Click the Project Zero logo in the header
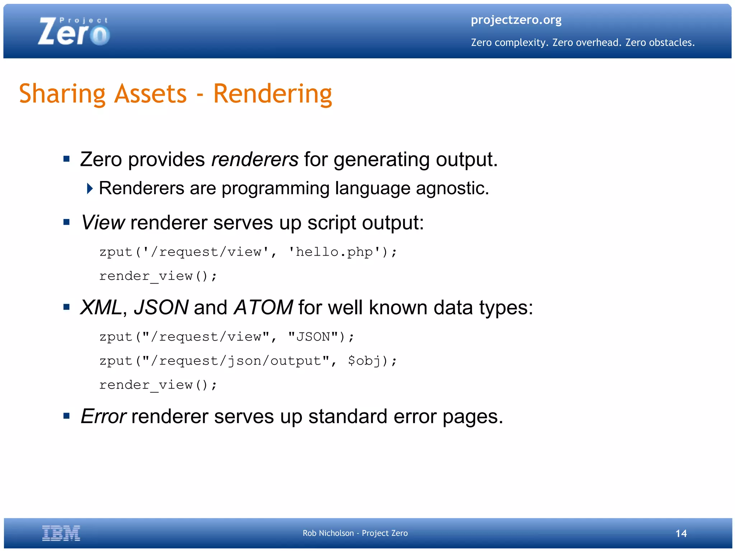click(x=74, y=32)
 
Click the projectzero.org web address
click(x=516, y=20)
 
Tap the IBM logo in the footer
click(x=61, y=533)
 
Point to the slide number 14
click(x=681, y=533)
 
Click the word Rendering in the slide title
click(x=273, y=94)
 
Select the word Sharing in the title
click(x=62, y=94)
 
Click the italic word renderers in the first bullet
click(x=255, y=160)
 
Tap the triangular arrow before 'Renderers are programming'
click(x=90, y=188)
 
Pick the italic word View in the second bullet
click(x=103, y=223)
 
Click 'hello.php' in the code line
click(x=334, y=252)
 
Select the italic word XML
click(x=101, y=308)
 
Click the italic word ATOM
click(x=263, y=308)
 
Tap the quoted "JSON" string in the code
click(x=313, y=337)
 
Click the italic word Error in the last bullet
click(x=103, y=417)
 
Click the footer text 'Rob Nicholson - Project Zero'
click(x=355, y=533)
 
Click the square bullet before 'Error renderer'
click(x=66, y=416)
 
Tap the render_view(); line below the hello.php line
click(x=158, y=276)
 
